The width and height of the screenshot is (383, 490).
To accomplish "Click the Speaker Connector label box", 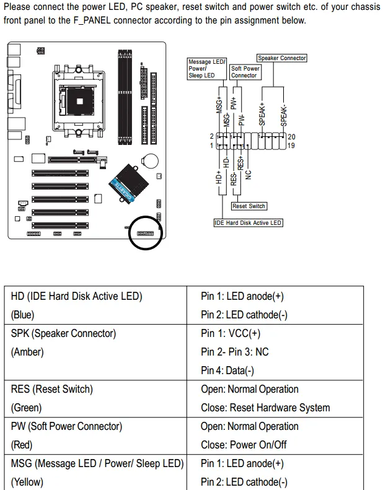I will pyautogui.click(x=282, y=58).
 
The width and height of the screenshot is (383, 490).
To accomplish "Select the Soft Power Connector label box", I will pyautogui.click(x=245, y=72).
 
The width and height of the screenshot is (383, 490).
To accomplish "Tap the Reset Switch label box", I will pyautogui.click(x=249, y=206).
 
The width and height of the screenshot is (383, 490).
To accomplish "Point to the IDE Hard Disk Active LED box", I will pyautogui.click(x=248, y=222).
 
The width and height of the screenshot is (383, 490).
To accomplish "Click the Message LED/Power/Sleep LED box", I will pyautogui.click(x=207, y=69).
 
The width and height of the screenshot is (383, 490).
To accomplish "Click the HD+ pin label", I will pyautogui.click(x=218, y=178).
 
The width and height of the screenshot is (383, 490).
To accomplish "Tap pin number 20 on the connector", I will pyautogui.click(x=291, y=136).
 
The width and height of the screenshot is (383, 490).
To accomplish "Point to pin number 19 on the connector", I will pyautogui.click(x=291, y=146).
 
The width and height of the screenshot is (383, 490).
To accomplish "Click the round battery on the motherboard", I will pyautogui.click(x=151, y=160).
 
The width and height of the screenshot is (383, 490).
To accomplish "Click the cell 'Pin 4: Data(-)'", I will pyautogui.click(x=227, y=370).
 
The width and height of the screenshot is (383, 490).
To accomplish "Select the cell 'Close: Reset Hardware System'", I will pyautogui.click(x=265, y=408).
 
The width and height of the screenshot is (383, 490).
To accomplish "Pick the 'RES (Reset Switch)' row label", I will pyautogui.click(x=52, y=389).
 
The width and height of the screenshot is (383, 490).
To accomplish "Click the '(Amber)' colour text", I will pyautogui.click(x=27, y=352).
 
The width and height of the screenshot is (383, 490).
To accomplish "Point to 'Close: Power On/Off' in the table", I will pyautogui.click(x=244, y=445).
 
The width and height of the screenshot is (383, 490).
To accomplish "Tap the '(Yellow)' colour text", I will pyautogui.click(x=27, y=482).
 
